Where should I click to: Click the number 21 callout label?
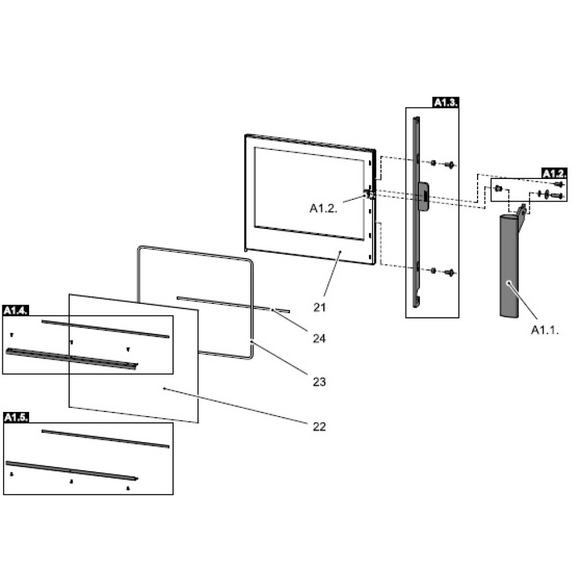[x=320, y=307]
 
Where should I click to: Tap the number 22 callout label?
[x=320, y=426]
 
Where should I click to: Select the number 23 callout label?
[x=320, y=382]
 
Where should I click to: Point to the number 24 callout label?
[x=320, y=338]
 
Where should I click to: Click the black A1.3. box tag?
[x=446, y=102]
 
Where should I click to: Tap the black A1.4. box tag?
[x=16, y=310]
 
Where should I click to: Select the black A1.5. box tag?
[x=16, y=417]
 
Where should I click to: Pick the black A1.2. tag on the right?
[x=554, y=173]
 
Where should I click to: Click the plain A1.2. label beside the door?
[x=324, y=208]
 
